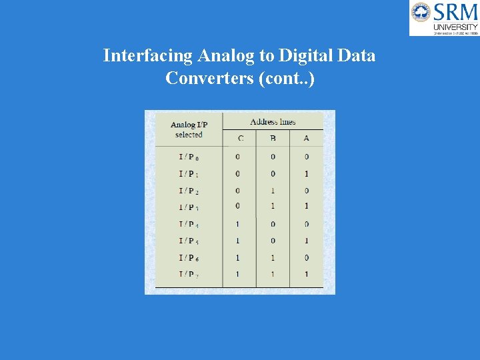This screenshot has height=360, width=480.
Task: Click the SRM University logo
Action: tap(444, 18)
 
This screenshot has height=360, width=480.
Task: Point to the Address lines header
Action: tap(273, 122)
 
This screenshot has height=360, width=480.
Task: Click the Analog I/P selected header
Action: tap(189, 129)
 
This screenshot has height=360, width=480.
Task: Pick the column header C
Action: tap(240, 139)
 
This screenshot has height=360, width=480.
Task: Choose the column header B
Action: tap(273, 139)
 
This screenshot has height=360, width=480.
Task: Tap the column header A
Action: tap(306, 139)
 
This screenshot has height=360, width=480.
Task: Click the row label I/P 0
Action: tap(189, 157)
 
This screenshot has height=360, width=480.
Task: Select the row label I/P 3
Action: tap(189, 207)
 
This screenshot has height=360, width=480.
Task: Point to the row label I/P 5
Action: tap(189, 241)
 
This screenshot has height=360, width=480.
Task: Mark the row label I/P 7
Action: tap(189, 274)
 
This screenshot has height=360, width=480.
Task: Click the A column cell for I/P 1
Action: tap(306, 174)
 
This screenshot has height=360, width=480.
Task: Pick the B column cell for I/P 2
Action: tap(273, 191)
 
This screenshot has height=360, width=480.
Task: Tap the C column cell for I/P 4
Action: tap(238, 224)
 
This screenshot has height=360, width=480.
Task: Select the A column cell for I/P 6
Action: tap(306, 257)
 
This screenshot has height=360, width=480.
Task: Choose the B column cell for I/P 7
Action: tap(273, 274)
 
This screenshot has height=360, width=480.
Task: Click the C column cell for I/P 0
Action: tap(238, 157)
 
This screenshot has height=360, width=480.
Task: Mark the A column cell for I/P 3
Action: tap(306, 207)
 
